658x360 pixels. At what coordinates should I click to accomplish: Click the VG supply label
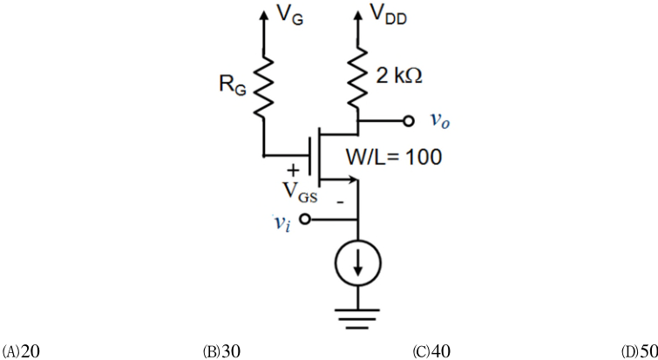click(x=290, y=16)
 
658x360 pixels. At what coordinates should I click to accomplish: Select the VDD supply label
click(x=389, y=14)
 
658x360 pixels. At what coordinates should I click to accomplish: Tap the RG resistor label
click(x=233, y=85)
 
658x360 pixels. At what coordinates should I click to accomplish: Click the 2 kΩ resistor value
click(x=399, y=76)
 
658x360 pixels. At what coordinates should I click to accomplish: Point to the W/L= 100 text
click(x=394, y=157)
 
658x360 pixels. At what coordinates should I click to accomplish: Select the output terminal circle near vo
click(x=409, y=121)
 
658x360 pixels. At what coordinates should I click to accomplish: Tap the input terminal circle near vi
click(x=305, y=219)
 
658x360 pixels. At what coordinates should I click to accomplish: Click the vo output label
click(x=440, y=121)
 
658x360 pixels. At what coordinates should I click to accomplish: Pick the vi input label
click(x=282, y=222)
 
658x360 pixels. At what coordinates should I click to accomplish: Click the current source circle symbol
click(x=358, y=263)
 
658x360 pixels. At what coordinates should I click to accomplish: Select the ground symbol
click(x=357, y=319)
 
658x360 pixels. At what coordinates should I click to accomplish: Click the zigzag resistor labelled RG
click(x=264, y=86)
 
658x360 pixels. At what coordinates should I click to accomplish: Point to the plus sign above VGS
click(x=294, y=170)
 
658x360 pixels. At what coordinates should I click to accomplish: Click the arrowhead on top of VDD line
click(x=358, y=15)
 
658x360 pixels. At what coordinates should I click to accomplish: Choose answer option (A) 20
click(x=21, y=350)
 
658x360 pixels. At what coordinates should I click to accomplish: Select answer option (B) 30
click(x=221, y=350)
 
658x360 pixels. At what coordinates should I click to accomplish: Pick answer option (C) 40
click(x=431, y=350)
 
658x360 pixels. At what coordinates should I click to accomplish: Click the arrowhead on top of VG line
click(x=264, y=15)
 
